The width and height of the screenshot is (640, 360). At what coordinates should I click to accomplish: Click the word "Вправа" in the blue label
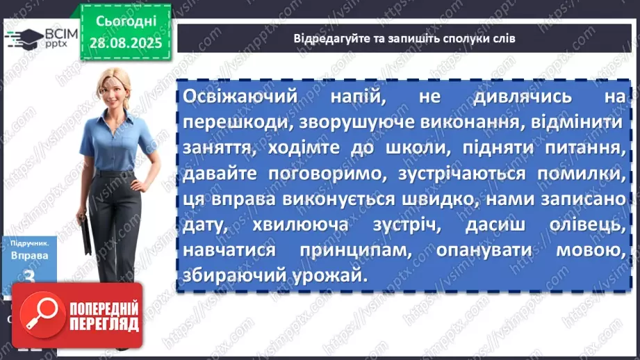pos(30,254)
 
